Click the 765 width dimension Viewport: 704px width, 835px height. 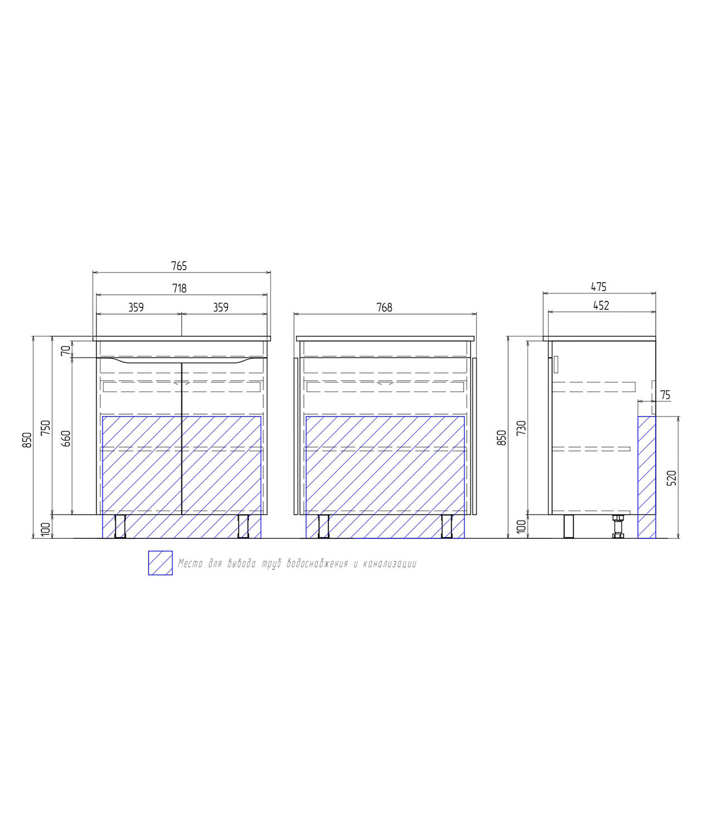pos(179,266)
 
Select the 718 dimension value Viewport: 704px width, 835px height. pos(180,288)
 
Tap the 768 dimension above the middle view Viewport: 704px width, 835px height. pos(384,307)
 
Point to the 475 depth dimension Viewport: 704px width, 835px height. pos(598,287)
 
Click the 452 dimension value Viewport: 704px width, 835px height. pos(601,306)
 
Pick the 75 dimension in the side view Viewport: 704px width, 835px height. pos(665,395)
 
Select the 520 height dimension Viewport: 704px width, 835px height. pos(672,478)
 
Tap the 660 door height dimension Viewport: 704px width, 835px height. pos(66,439)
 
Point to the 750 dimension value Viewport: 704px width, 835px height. pos(46,428)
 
